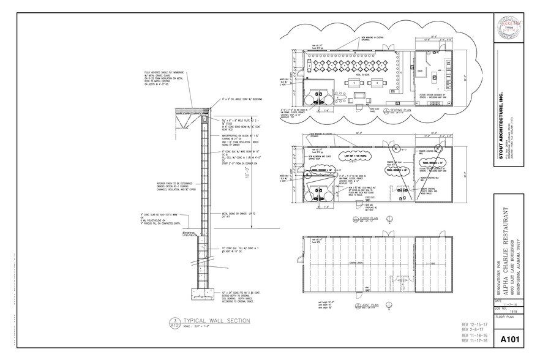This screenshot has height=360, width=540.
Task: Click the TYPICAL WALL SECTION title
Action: pyautogui.click(x=208, y=320)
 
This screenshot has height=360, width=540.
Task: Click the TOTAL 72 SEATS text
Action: pyautogui.click(x=354, y=73)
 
